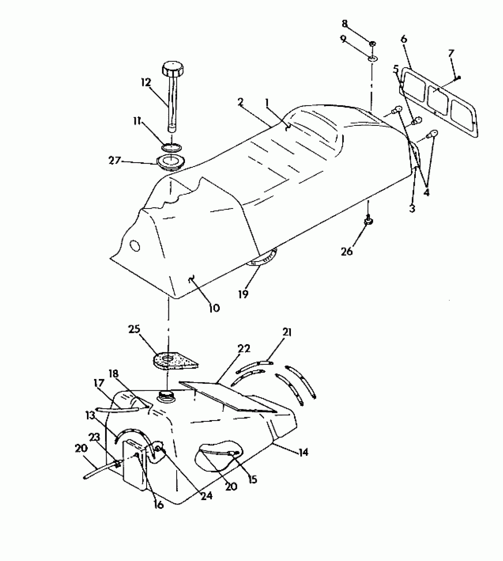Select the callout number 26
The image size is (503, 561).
(x=347, y=252)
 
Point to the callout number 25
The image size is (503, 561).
(x=134, y=329)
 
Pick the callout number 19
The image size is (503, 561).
(x=243, y=294)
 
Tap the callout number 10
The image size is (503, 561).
(x=214, y=308)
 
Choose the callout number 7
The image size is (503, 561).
(x=451, y=54)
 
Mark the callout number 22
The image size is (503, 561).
(x=243, y=349)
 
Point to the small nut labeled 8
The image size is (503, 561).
(x=372, y=44)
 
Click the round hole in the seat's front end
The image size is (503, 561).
(x=135, y=245)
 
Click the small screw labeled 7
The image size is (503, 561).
(x=458, y=78)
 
